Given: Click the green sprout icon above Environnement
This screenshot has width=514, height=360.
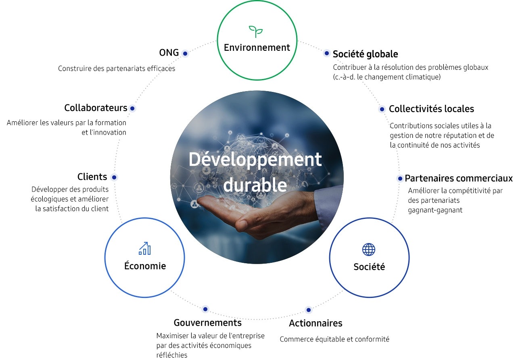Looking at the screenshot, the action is point(256,31).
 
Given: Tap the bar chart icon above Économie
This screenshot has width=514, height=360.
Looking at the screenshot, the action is point(144,248).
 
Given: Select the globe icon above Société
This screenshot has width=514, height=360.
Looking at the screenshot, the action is point(369,250).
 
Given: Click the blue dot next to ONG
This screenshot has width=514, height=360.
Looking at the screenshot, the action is point(185,54).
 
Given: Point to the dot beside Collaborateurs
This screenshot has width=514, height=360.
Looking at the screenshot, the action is point(132,108).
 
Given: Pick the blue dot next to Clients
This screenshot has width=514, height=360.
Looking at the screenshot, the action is point(114,177).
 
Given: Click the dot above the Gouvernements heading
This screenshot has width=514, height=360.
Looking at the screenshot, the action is point(205,309).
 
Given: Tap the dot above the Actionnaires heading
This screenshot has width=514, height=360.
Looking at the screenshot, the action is point(309,310).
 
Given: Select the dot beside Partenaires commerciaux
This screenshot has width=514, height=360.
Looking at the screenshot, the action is point(400,179).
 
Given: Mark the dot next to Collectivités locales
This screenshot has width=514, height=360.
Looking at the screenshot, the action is point(382,109).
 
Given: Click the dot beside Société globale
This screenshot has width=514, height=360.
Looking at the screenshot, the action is point(326,53).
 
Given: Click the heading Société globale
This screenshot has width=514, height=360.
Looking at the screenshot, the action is point(365,54).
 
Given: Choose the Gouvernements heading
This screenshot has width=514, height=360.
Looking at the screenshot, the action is point(208,323).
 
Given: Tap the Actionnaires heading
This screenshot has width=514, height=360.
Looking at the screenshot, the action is point(316,323).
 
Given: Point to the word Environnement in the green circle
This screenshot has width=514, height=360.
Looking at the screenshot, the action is point(257,48).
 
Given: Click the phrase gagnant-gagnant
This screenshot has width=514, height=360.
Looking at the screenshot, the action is point(435,210).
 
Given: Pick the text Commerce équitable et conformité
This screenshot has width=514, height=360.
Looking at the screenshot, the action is point(334,339).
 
